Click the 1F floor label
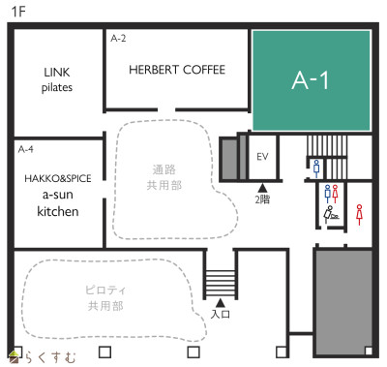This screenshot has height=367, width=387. [18, 12]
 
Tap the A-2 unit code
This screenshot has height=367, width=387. [118, 39]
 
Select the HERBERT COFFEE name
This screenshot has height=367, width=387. [177, 70]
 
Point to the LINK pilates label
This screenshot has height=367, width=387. [57, 79]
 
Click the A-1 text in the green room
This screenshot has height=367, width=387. [311, 80]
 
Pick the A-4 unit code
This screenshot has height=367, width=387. [26, 149]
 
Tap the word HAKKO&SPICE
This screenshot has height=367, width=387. [58, 178]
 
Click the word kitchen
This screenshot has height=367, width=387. [58, 211]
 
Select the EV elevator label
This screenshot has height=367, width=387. [262, 157]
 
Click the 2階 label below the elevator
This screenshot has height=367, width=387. [262, 199]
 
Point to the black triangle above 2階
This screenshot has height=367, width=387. [262, 188]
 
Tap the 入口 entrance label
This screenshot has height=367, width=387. [221, 314]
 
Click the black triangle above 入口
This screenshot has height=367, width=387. [221, 303]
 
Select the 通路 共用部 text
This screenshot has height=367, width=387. [164, 177]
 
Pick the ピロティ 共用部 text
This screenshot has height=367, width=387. [105, 298]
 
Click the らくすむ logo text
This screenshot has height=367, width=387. [51, 357]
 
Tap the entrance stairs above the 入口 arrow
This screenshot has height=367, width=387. [221, 283]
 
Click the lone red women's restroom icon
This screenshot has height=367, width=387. [359, 215]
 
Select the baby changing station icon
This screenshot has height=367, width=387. [331, 213]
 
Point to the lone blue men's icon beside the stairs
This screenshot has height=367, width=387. [316, 168]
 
